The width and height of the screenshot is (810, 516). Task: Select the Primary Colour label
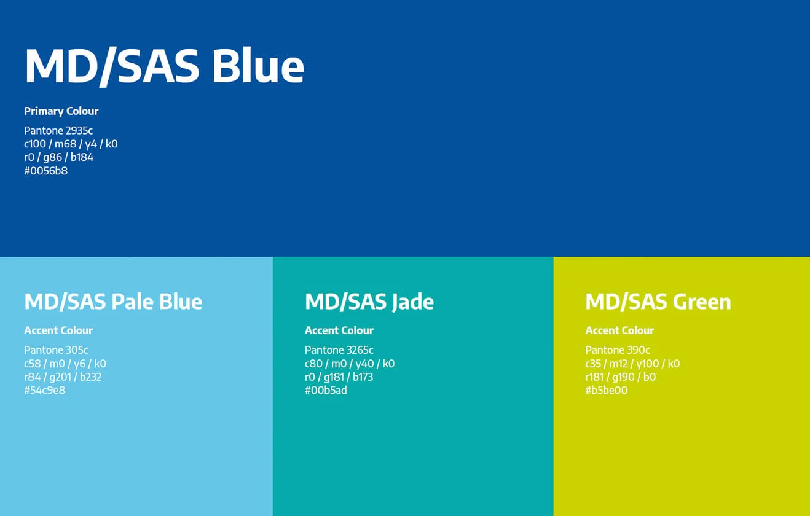pos(61,111)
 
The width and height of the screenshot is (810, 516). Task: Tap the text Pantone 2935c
pos(58,130)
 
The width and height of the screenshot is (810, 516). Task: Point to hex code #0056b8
pos(45,171)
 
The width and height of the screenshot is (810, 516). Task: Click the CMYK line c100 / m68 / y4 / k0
pos(71,144)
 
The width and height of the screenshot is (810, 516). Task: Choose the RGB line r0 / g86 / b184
pos(58,157)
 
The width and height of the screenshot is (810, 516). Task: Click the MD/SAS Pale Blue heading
pos(113,302)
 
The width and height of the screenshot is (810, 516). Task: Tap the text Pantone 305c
pos(56,350)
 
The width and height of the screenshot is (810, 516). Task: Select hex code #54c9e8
pos(44,390)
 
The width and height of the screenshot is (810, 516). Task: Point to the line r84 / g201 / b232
pos(63,377)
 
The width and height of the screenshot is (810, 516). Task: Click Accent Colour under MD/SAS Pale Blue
pos(58,330)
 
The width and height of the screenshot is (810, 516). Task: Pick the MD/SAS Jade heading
pos(369,302)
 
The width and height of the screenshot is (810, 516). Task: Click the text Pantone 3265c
pos(339,350)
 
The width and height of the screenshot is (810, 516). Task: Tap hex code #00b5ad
pos(326,390)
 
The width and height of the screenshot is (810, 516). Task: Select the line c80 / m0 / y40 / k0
pos(349,364)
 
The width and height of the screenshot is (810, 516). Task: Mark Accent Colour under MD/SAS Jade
pos(339,330)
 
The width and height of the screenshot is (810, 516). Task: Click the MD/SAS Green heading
pos(658,302)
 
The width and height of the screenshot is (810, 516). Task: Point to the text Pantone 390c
pos(617,350)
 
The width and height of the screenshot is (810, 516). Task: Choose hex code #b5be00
pos(606,390)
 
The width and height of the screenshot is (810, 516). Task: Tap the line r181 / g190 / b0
pos(620,377)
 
